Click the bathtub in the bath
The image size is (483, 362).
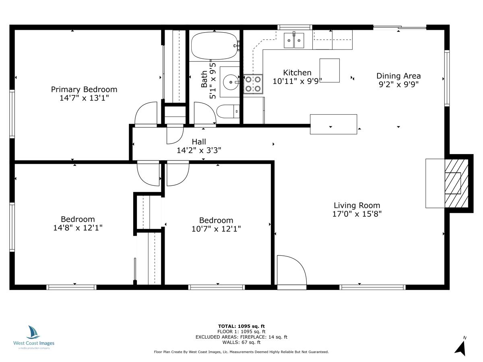[x=214, y=46]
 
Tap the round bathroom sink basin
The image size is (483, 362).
[x=231, y=82]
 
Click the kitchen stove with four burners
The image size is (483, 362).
[x=253, y=84]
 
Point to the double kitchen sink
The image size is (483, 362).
[x=294, y=41]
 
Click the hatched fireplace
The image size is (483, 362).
[x=456, y=183]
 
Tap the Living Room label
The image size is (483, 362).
[x=357, y=205]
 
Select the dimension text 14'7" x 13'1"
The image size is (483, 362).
[x=84, y=98]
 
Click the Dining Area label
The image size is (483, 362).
[x=398, y=76]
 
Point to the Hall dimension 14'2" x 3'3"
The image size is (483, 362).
[x=199, y=150]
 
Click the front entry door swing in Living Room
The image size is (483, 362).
[x=291, y=272]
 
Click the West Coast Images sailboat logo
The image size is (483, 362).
[x=33, y=333]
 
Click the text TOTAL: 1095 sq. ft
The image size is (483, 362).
[x=241, y=326]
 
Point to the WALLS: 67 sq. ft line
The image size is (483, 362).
[x=241, y=342]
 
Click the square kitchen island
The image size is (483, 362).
[x=329, y=70]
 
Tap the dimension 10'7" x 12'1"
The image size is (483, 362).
[x=216, y=229]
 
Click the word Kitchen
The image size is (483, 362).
[x=297, y=72]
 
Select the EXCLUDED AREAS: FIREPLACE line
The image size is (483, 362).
[x=241, y=337]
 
